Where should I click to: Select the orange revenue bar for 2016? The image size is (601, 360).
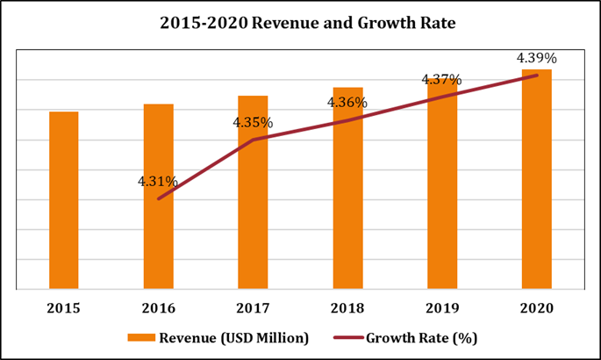pos(158,197)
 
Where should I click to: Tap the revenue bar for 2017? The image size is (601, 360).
pos(253,192)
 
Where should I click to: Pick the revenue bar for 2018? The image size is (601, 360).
pos(347,188)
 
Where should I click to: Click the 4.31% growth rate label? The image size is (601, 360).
pos(158,182)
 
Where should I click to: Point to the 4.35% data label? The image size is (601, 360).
pos(253,123)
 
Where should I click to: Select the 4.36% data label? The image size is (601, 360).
pos(347,103)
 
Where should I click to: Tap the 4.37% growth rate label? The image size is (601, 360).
pos(441,80)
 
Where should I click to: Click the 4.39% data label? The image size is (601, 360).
pos(536,58)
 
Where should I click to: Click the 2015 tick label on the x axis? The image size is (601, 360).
pos(63,308)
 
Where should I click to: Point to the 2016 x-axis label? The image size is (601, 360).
pos(158,308)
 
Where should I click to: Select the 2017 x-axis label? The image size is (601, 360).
pos(253,308)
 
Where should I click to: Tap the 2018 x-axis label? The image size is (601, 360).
pos(347,308)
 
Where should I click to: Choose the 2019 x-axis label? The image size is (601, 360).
pos(441,308)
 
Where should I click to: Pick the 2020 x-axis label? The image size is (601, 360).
pos(536,308)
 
